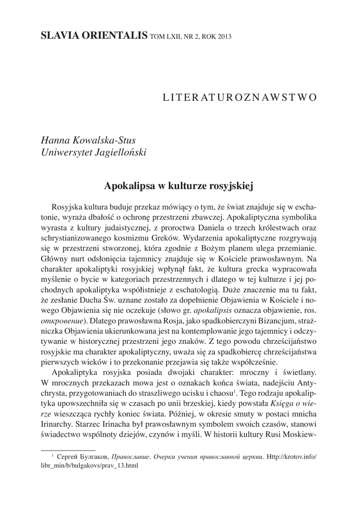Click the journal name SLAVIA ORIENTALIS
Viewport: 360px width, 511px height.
94,36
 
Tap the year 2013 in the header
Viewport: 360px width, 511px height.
223,37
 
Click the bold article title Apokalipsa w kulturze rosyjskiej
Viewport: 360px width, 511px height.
179,186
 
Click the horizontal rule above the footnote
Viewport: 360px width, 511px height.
60,448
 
